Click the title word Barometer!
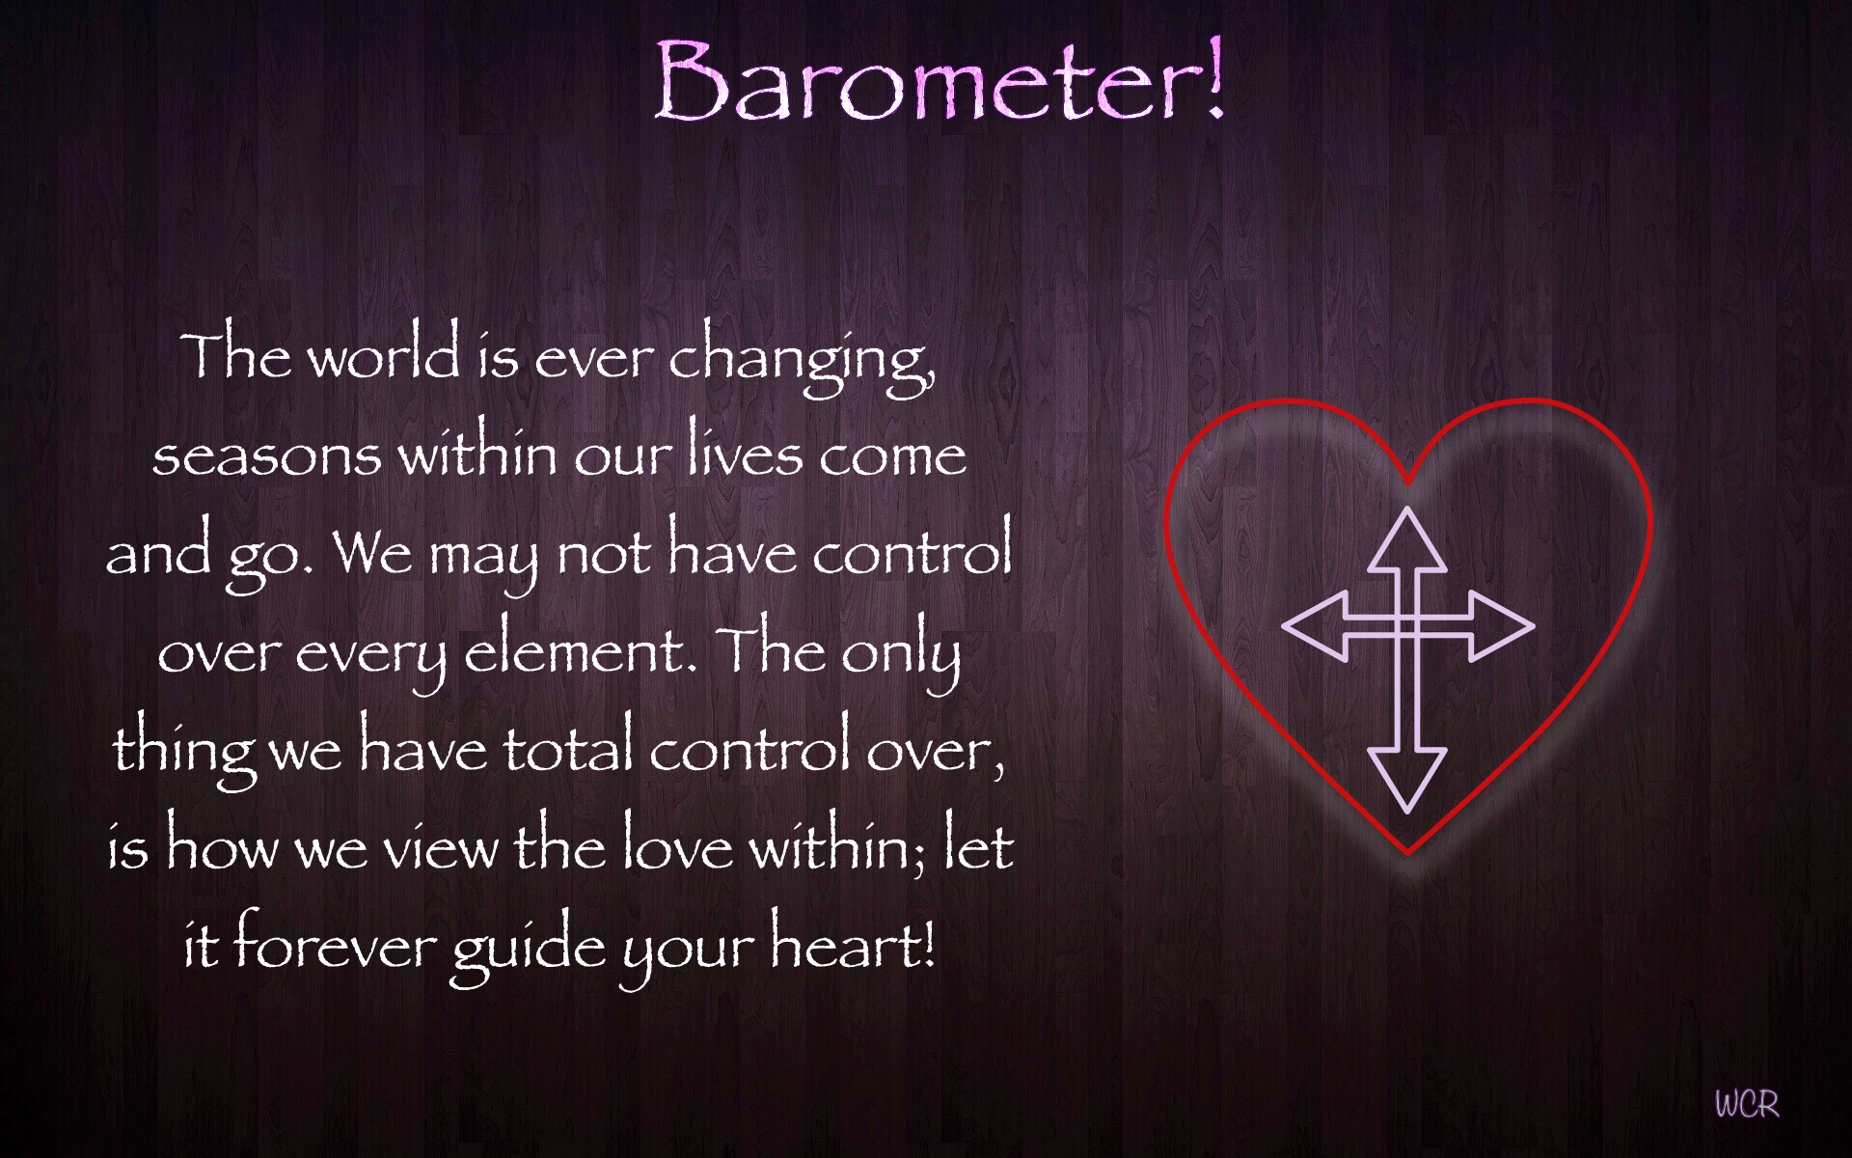pyautogui.click(x=940, y=82)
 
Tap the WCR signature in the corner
pyautogui.click(x=1746, y=1103)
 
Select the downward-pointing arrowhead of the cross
pyautogui.click(x=1407, y=777)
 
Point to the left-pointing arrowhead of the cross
pyautogui.click(x=1314, y=626)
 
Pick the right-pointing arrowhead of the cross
pyautogui.click(x=1501, y=626)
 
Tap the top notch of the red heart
pyautogui.click(x=1407, y=480)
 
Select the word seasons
pyautogui.click(x=266, y=455)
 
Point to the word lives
pyautogui.click(x=745, y=452)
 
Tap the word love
pyautogui.click(x=677, y=847)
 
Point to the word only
pyautogui.click(x=901, y=654)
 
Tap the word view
pyautogui.click(x=441, y=849)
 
